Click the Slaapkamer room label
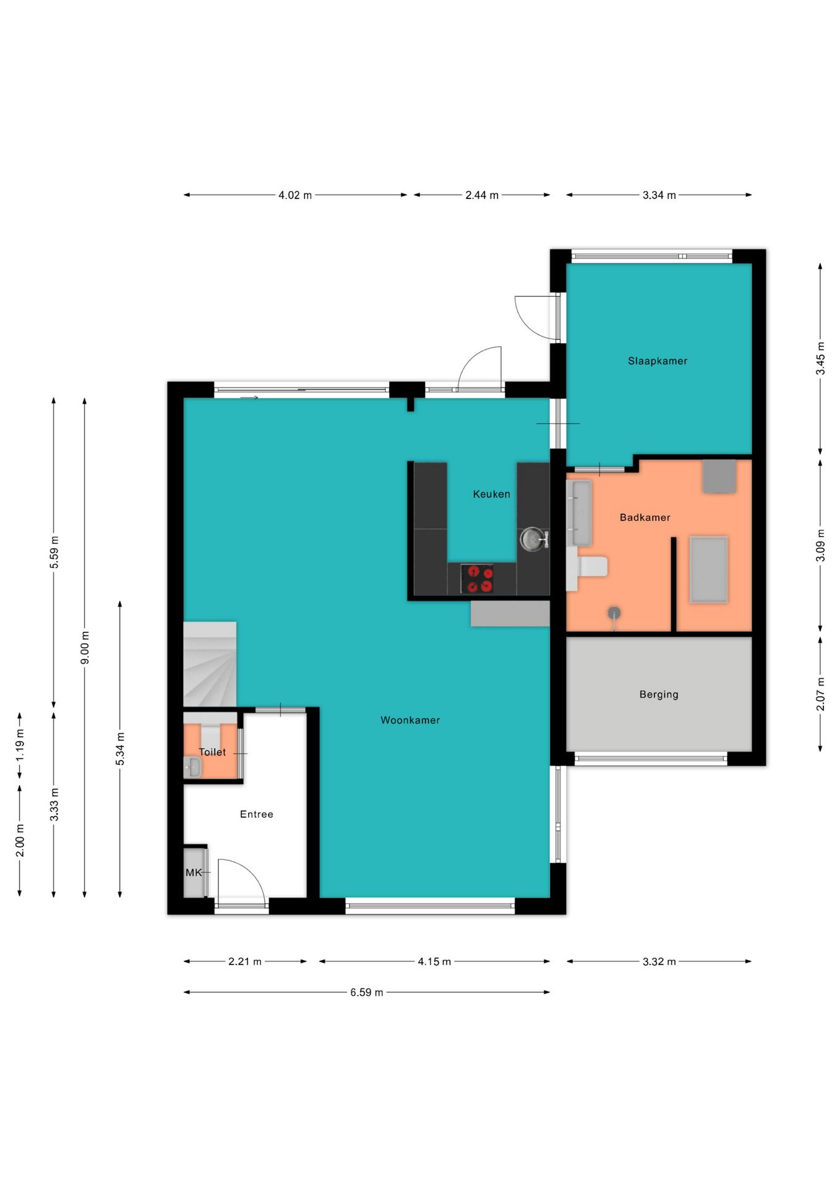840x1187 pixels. (x=658, y=361)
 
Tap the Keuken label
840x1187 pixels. (x=492, y=494)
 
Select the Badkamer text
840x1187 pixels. (x=645, y=517)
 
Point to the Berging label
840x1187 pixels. (x=659, y=694)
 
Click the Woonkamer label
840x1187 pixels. (x=410, y=720)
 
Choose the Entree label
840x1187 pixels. (x=257, y=814)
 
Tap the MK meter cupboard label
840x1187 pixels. (x=194, y=872)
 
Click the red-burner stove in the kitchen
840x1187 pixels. (x=477, y=579)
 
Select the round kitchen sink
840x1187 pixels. (x=533, y=539)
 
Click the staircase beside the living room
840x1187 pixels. (x=210, y=664)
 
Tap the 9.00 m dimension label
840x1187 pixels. (x=85, y=648)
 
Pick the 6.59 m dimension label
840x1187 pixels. (x=367, y=992)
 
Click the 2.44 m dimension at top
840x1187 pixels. (x=482, y=195)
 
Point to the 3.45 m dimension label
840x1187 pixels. (x=820, y=359)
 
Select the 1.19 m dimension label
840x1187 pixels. (x=20, y=745)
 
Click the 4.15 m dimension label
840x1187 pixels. (x=434, y=961)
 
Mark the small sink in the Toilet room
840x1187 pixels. (x=192, y=767)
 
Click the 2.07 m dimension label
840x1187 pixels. (x=820, y=694)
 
